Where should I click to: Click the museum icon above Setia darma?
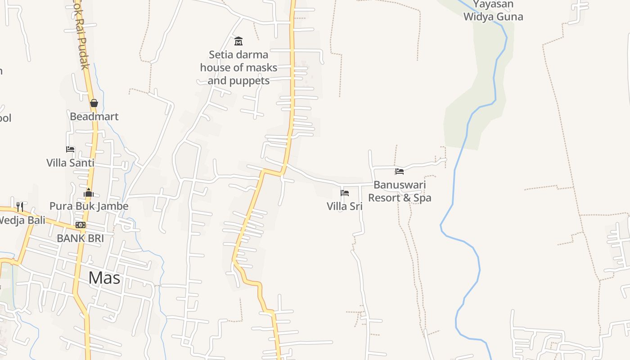point(238,41)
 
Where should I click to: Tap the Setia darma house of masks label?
point(238,67)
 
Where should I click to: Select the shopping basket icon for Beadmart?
point(94,103)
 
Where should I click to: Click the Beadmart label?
point(94,117)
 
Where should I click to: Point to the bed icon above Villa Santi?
point(70,149)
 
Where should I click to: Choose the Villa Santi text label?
point(70,163)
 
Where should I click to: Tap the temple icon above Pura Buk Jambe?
point(89,193)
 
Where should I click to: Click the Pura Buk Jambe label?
point(89,206)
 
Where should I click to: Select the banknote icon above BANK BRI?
point(81,225)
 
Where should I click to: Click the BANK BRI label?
point(81,238)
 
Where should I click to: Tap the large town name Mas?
point(104,278)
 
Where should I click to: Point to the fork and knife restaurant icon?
point(20,207)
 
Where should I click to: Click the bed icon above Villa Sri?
point(345,193)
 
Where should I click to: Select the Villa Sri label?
point(345,207)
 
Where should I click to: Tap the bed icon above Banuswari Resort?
point(400,171)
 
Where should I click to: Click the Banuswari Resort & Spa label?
point(400,191)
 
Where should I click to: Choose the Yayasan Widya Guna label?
point(493,11)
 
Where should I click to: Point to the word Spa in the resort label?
point(423,198)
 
